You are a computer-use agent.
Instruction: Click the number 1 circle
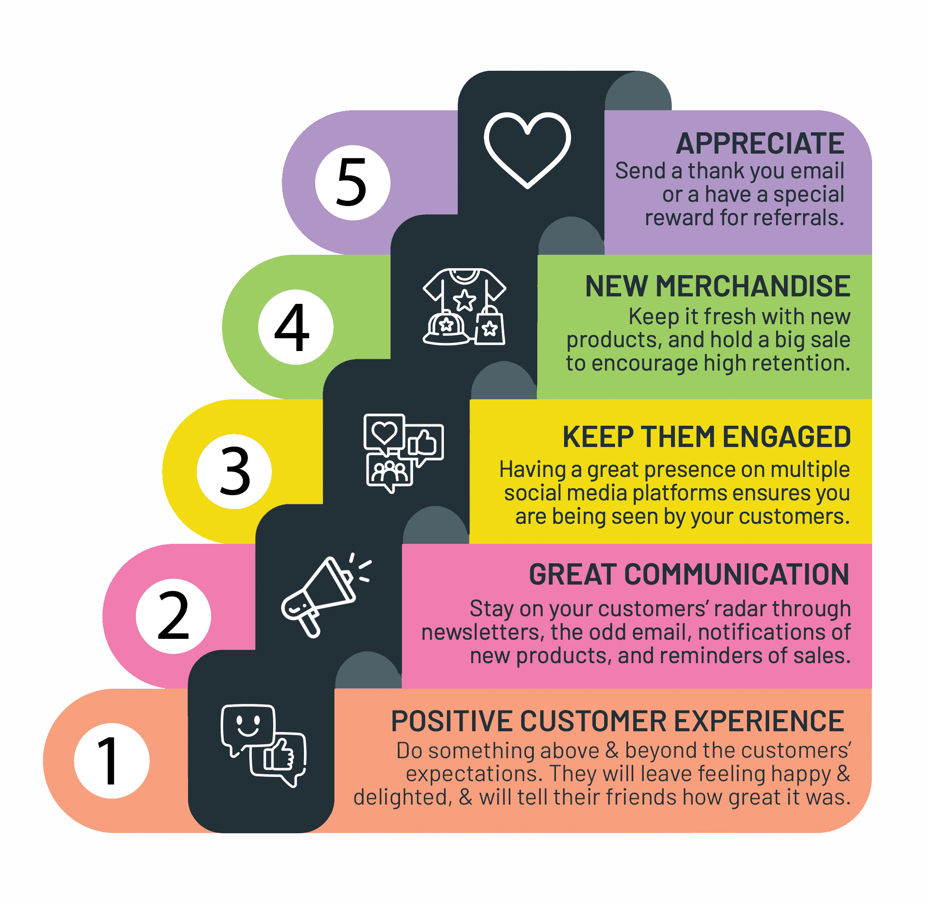pos(112,761)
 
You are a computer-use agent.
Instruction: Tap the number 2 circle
pos(173,617)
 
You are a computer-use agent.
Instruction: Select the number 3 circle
pos(234,472)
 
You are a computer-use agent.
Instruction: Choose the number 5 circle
pos(353,183)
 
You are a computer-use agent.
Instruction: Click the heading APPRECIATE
pos(760,143)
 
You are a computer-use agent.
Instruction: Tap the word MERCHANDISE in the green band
pos(753,286)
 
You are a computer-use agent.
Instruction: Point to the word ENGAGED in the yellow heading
pos(787,437)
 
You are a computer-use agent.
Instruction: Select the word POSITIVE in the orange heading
pos(451,722)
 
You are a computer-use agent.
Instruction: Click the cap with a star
pos(446,327)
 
